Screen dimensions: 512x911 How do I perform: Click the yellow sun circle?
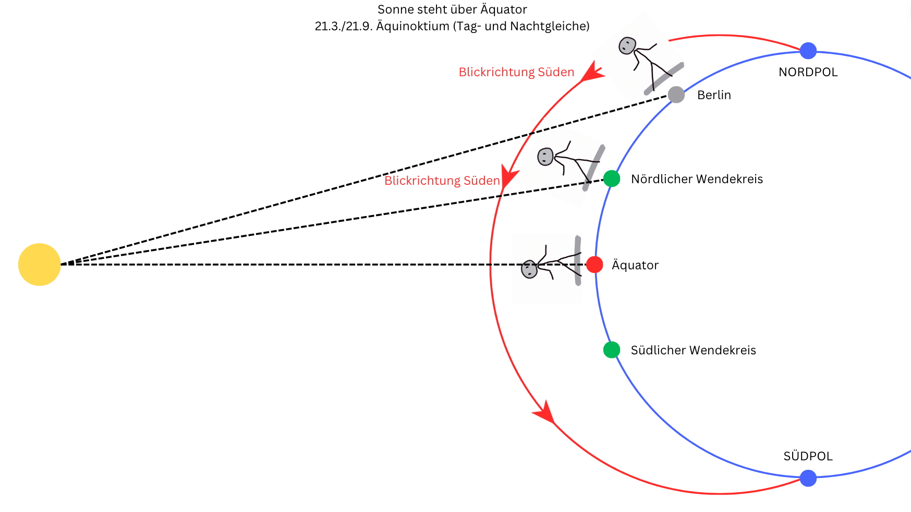(x=40, y=265)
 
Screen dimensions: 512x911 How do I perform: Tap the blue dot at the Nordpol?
(x=808, y=51)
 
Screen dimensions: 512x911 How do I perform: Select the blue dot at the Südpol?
(x=808, y=478)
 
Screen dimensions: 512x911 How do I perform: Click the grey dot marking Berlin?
(x=676, y=95)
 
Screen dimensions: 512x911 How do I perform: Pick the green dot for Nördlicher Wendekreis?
(x=611, y=178)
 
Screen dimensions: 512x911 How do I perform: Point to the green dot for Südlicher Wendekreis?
(x=611, y=350)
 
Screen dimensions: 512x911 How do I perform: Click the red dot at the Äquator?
(x=594, y=265)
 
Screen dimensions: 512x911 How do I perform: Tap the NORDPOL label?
(x=808, y=72)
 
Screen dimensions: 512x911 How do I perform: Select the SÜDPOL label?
(x=808, y=456)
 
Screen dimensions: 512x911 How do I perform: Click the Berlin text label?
(x=714, y=95)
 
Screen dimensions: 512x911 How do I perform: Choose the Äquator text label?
(x=635, y=265)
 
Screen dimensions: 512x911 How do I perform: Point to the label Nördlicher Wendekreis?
(x=697, y=179)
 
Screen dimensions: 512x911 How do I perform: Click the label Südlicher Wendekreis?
(x=693, y=350)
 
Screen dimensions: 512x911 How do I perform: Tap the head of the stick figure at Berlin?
(x=627, y=46)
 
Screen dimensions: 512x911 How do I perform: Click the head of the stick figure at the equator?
(x=529, y=269)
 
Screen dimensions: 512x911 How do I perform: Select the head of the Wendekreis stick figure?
(x=545, y=157)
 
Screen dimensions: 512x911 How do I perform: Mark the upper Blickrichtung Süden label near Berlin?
(x=516, y=72)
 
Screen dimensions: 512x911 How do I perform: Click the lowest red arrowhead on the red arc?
(x=545, y=412)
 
